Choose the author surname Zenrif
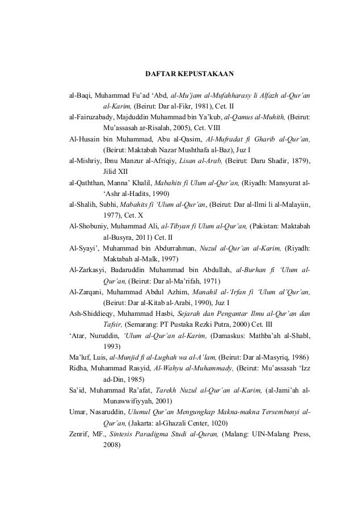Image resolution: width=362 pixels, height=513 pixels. [79, 435]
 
